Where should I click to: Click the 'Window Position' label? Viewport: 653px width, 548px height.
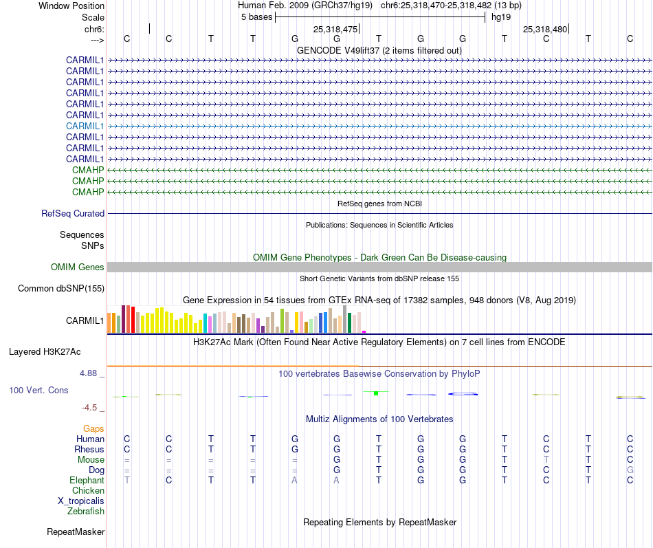coord(71,6)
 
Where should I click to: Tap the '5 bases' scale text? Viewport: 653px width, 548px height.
coord(256,17)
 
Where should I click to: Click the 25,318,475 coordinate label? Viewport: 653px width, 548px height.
coord(335,29)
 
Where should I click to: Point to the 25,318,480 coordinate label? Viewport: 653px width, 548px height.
coord(545,29)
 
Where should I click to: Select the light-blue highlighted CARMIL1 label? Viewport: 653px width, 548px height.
coord(85,126)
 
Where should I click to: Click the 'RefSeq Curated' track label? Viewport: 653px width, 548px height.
coord(73,213)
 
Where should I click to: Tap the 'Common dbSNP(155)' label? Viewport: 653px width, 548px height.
coord(60,288)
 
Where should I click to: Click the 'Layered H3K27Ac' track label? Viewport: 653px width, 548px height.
coord(45,351)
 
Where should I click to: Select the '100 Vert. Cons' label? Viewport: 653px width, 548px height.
coord(38,390)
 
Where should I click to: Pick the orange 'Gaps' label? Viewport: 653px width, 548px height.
coord(93,428)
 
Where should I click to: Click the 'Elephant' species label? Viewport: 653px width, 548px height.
coord(87,480)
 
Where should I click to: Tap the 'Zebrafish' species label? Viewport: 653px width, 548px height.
coord(86,511)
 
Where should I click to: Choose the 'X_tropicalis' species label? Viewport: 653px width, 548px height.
coord(81,501)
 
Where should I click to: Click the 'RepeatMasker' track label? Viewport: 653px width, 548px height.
coord(76,531)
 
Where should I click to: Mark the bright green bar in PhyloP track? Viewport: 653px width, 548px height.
coord(376,393)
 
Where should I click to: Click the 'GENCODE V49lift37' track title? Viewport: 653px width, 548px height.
coord(379,50)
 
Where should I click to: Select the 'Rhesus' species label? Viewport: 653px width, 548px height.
coord(89,449)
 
